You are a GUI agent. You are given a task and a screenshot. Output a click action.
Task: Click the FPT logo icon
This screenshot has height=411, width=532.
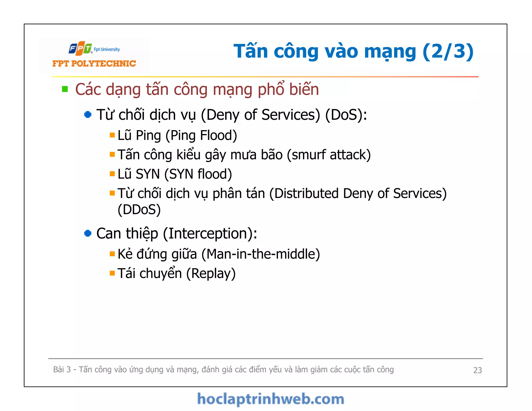[80, 48]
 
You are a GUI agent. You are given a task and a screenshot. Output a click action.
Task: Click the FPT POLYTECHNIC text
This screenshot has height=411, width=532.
[94, 63]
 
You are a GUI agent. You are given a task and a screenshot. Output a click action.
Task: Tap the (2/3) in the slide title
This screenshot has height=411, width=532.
[448, 51]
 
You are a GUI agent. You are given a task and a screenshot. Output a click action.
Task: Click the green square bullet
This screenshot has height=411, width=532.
[65, 89]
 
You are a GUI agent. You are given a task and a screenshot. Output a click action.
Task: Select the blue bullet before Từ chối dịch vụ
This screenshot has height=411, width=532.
[88, 115]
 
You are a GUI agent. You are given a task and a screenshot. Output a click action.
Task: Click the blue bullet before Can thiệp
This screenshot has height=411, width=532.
[88, 233]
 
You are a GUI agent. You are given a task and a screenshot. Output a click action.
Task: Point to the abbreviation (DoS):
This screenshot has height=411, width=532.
[346, 115]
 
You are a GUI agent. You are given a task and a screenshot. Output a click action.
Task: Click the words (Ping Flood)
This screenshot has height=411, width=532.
[201, 135]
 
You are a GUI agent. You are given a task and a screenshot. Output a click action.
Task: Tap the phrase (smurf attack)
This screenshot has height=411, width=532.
[329, 155]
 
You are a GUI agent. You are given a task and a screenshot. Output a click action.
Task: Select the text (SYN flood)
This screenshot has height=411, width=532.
[198, 174]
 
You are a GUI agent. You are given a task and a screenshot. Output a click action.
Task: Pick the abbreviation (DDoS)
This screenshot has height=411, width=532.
[139, 210]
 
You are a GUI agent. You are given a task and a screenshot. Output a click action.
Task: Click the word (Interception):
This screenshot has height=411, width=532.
[210, 233]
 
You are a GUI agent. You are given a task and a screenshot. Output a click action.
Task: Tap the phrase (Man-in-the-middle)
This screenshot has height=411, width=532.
[261, 254]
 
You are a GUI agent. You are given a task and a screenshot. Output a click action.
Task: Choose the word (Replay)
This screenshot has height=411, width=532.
[211, 274]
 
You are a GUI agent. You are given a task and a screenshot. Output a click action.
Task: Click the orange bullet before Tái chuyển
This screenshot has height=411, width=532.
[112, 273]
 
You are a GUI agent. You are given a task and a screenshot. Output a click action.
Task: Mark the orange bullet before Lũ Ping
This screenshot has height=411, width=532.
[112, 135]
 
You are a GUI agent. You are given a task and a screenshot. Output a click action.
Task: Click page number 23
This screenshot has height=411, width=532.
[477, 370]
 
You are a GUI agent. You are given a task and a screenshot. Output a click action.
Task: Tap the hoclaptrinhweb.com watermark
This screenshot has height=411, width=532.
[270, 399]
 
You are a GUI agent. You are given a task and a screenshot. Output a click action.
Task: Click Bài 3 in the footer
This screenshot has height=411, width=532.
[62, 369]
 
